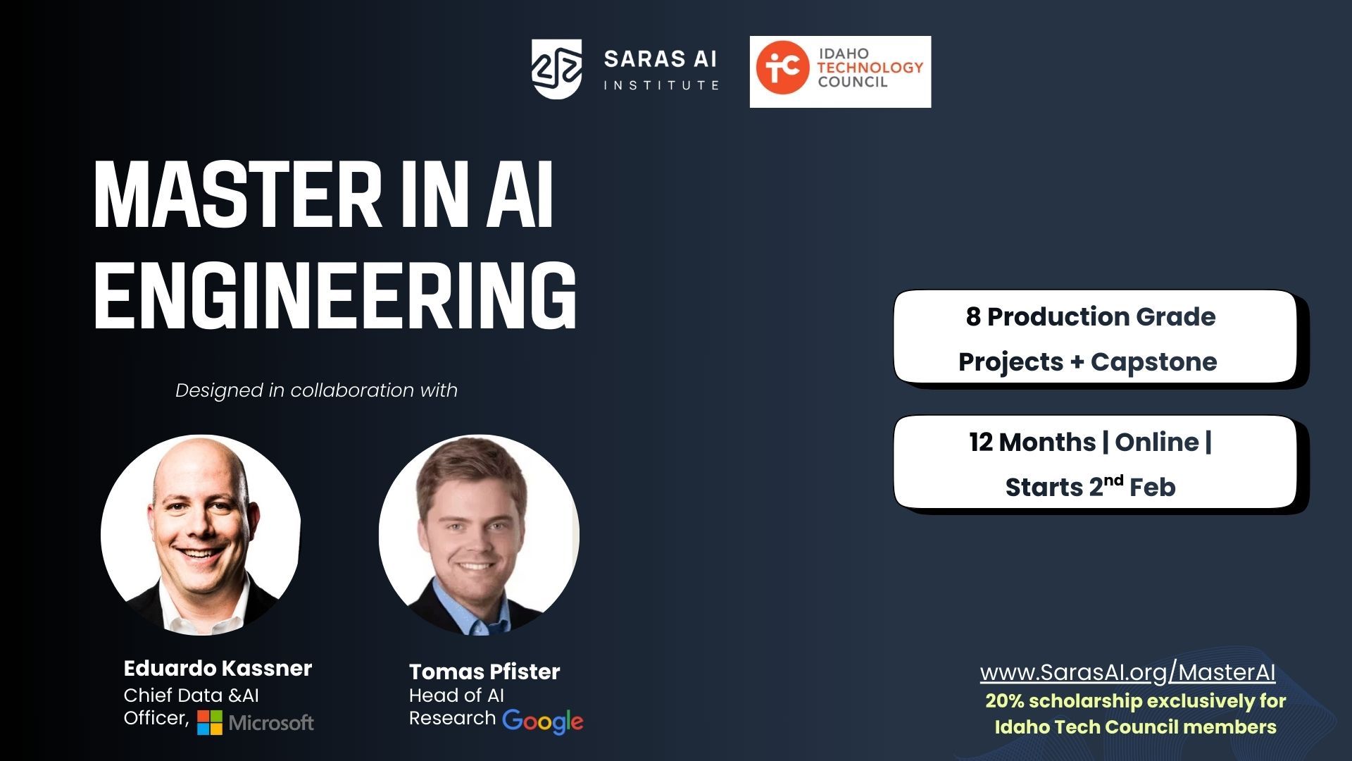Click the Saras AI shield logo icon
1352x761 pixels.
[556, 69]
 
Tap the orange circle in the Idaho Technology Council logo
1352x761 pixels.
[782, 68]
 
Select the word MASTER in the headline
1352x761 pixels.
[237, 194]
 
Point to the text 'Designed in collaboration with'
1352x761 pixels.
[316, 390]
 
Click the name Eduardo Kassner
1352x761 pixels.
[218, 668]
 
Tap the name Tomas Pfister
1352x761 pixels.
[484, 672]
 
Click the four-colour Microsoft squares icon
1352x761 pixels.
[209, 722]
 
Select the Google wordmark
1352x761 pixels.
[543, 721]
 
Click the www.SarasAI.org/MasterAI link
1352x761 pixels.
[1127, 672]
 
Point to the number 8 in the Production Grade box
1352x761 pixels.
[973, 317]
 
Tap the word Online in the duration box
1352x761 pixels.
[1156, 442]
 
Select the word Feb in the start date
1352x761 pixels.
[1153, 487]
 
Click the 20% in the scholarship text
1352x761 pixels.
[1004, 701]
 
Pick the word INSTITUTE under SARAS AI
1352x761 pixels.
[661, 85]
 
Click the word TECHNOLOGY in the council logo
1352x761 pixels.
[870, 68]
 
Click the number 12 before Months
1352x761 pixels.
[981, 443]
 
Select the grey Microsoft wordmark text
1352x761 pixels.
[271, 723]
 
